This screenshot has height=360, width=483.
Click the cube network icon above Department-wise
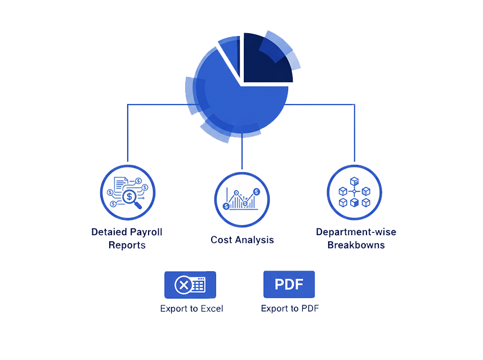(x=354, y=192)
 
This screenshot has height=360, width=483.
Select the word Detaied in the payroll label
(x=109, y=232)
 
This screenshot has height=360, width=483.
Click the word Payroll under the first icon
(x=146, y=232)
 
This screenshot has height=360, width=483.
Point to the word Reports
(x=127, y=245)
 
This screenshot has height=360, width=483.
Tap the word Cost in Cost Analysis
(x=221, y=240)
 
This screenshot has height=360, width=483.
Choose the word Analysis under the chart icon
(x=253, y=240)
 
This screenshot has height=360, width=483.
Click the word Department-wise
(x=356, y=232)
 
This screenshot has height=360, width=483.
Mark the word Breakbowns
(x=356, y=245)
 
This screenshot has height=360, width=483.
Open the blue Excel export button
(x=190, y=285)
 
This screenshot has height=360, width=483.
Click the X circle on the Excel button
(x=183, y=285)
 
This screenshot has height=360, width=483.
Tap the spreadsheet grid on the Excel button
(x=199, y=285)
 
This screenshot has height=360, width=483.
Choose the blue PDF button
(x=289, y=284)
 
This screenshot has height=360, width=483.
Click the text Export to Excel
(x=191, y=308)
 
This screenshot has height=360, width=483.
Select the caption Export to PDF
(x=290, y=308)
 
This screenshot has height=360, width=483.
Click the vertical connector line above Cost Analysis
(x=242, y=152)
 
